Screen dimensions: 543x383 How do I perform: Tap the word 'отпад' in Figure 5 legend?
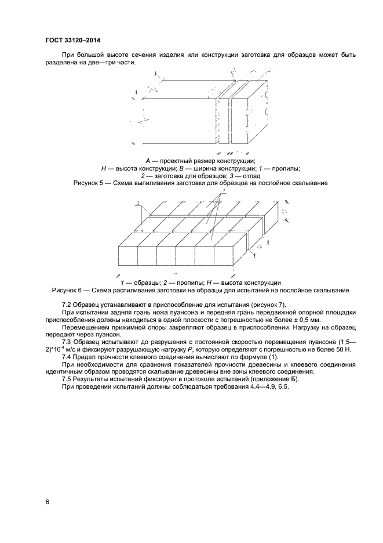pos(250,176)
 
